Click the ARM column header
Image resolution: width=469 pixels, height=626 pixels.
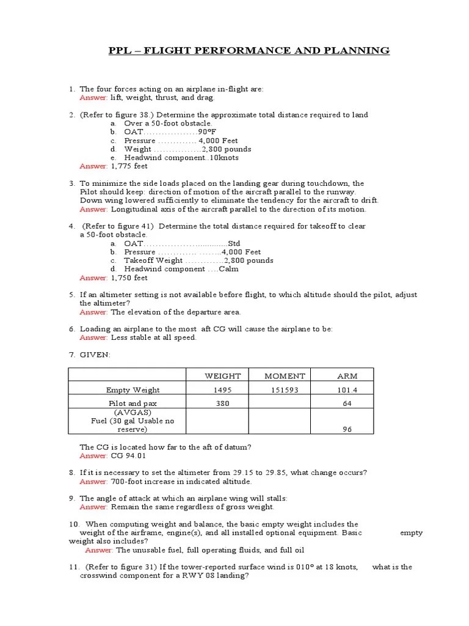[347, 376]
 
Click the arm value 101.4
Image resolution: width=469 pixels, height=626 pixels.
[347, 389]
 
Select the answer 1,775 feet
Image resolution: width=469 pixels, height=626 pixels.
[129, 166]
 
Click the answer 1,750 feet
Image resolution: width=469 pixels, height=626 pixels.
[129, 278]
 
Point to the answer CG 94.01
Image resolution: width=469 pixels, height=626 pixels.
[129, 456]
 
